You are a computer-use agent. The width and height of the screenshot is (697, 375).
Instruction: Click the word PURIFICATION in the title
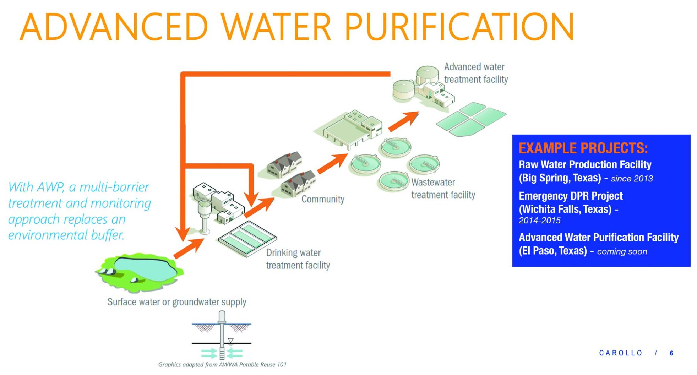click(x=459, y=27)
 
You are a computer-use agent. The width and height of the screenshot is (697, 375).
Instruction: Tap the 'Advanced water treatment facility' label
click(x=476, y=73)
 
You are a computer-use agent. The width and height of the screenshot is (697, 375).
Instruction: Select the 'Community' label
click(x=323, y=199)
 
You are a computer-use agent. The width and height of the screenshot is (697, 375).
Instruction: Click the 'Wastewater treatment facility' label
click(x=443, y=189)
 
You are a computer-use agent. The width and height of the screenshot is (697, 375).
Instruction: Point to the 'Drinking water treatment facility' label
click(x=298, y=259)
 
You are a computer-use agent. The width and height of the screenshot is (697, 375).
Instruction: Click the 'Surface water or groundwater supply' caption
click(x=177, y=302)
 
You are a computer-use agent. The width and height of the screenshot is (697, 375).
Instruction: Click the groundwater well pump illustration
click(x=222, y=336)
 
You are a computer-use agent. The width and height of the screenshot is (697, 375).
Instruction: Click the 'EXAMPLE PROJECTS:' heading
click(x=583, y=148)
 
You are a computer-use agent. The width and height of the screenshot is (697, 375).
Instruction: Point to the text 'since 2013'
click(x=632, y=179)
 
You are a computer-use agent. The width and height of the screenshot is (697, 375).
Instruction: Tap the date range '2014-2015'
click(x=539, y=221)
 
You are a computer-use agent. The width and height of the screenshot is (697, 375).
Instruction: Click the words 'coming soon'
click(x=622, y=252)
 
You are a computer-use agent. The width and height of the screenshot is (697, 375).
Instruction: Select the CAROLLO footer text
click(x=621, y=353)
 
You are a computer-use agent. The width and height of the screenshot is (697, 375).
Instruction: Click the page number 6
click(x=671, y=353)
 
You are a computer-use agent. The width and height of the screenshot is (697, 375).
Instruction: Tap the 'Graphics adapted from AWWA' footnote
click(x=222, y=365)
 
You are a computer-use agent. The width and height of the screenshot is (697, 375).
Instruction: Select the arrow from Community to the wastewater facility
click(x=332, y=164)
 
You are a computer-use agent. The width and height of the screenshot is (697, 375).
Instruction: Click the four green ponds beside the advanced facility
click(x=471, y=119)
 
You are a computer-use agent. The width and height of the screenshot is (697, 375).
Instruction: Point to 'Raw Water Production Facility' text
click(x=585, y=165)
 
